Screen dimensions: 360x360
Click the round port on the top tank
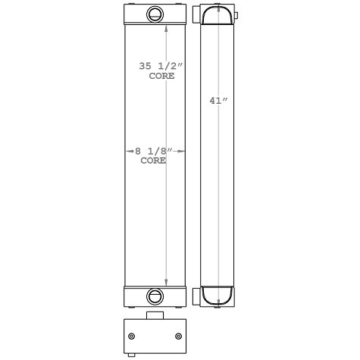coord(155,13)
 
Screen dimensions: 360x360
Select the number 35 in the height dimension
coord(146,67)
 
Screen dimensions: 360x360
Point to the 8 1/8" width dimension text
coord(155,152)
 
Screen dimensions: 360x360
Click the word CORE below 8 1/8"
coord(155,161)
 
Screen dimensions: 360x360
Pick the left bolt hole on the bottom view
coord(132,337)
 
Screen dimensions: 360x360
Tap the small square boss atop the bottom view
coord(155,316)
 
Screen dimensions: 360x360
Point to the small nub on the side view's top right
coord(236,15)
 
